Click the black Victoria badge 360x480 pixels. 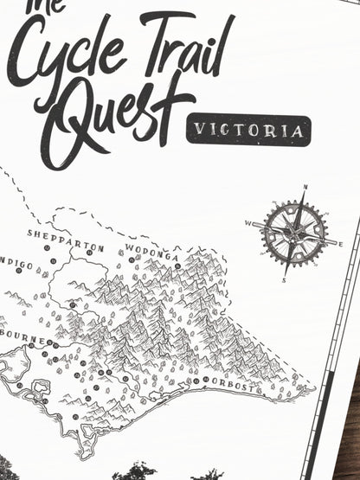(x=247, y=131)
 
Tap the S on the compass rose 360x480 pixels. (x=285, y=279)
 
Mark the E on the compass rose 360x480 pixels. (x=341, y=245)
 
